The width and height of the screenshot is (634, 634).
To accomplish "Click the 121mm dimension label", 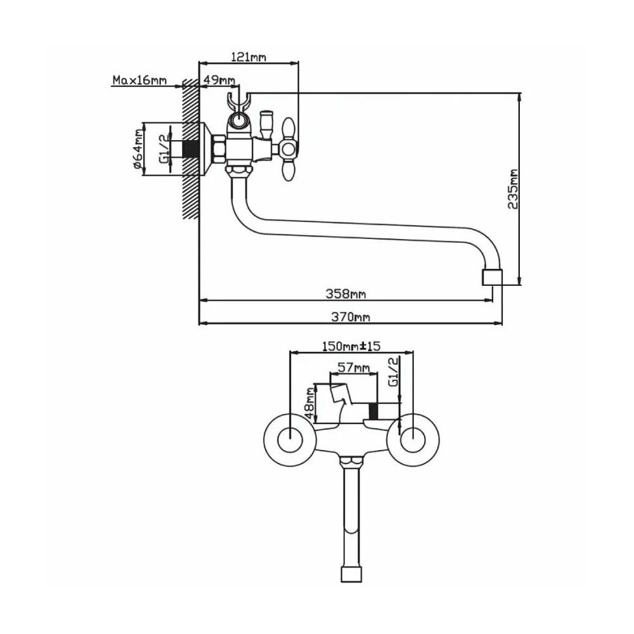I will tap(248, 56).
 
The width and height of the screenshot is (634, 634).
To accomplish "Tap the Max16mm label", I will tap(139, 81).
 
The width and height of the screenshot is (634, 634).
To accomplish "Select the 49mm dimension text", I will tap(219, 81).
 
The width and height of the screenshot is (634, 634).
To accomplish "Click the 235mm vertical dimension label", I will tap(513, 188).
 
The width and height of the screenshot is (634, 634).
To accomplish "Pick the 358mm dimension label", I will tap(346, 294).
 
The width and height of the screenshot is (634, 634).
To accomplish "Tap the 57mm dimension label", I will tap(354, 368).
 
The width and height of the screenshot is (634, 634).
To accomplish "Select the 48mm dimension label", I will tap(309, 403).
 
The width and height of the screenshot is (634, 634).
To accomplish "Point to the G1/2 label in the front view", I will tap(392, 373).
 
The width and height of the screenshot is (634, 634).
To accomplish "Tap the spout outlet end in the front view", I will tap(351, 575).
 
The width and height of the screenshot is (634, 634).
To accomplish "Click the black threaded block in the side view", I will tap(187, 149).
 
